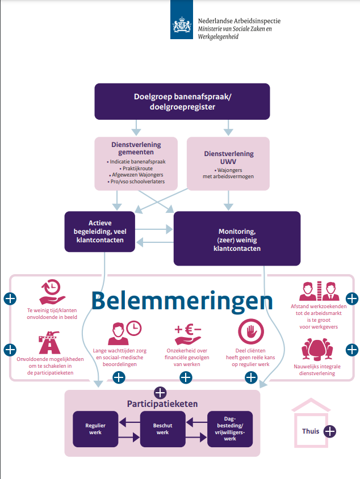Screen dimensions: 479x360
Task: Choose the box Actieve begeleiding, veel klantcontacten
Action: [x=100, y=232]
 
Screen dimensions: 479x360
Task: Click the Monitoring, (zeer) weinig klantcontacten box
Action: [x=236, y=239]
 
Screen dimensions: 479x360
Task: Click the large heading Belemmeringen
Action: [x=182, y=301]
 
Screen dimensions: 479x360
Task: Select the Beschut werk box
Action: [x=162, y=428]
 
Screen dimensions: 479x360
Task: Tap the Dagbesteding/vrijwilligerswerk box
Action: [x=229, y=428]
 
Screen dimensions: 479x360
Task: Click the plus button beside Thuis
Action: [x=329, y=431]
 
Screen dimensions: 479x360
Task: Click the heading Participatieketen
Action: [x=162, y=404]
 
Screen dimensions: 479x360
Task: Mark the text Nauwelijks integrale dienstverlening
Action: [x=319, y=370]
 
